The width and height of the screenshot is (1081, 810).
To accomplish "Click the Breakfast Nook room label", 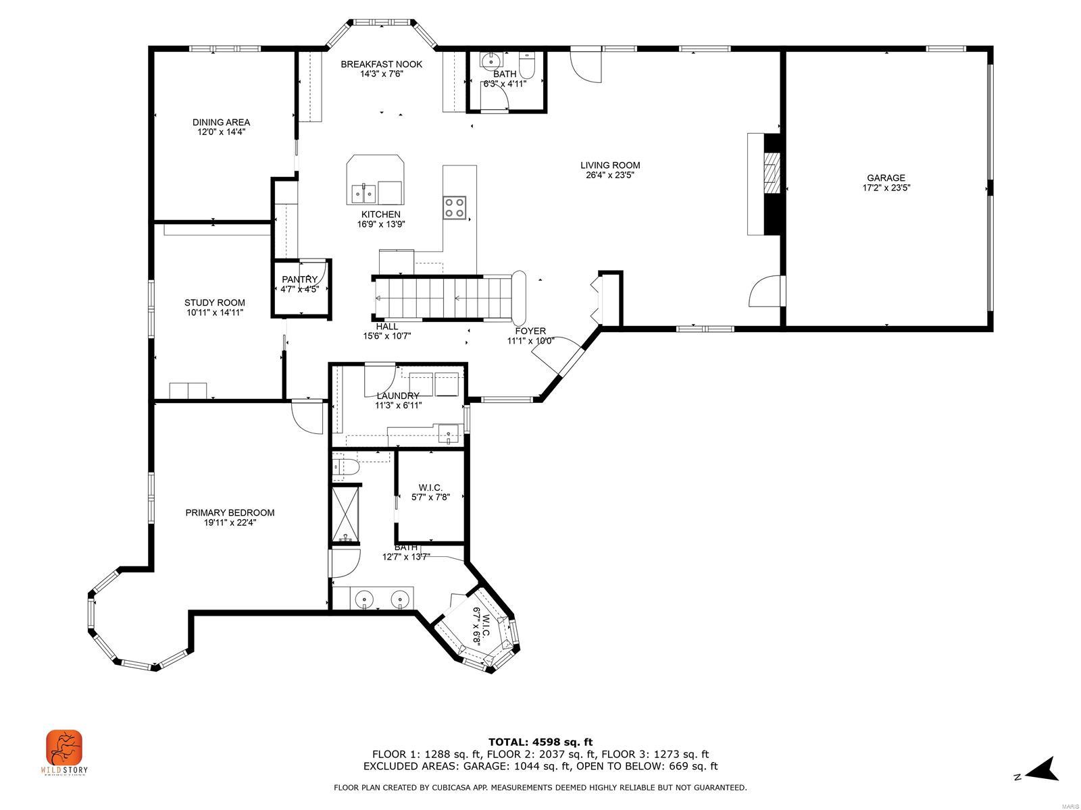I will tap(381, 64).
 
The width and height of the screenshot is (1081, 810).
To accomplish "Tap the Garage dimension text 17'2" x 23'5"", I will tap(886, 188).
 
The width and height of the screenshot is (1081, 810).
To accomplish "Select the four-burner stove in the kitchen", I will tap(455, 207).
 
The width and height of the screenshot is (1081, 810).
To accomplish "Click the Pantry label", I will tap(299, 279).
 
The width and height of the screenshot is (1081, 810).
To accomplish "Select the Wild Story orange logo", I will tap(64, 747).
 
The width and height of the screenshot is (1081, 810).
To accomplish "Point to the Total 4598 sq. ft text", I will tap(540, 742).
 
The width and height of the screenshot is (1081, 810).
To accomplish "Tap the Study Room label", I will tap(214, 303).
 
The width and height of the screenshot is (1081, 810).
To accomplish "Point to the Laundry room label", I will tap(398, 396).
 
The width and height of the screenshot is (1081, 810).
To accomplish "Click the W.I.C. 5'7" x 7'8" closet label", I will tap(430, 487).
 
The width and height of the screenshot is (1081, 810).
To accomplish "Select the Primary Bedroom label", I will tap(230, 513).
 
